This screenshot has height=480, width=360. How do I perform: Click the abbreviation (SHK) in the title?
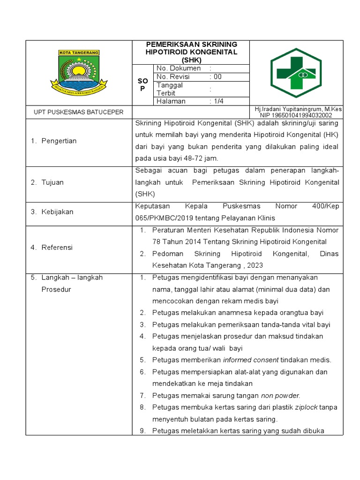191,60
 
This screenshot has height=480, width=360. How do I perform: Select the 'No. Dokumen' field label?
179,68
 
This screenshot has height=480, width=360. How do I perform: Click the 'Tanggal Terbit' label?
170,89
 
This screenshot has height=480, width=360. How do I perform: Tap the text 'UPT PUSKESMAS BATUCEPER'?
79,112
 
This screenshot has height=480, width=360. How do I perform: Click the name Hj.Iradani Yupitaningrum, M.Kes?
298,109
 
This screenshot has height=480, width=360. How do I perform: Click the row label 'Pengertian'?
59,141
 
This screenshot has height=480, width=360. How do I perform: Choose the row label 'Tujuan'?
53,182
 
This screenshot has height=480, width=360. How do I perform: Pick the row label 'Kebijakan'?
57,212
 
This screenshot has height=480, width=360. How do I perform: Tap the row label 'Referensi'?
57,247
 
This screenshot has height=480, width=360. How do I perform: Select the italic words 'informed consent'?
251,360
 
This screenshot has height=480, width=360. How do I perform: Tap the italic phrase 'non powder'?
280,395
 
